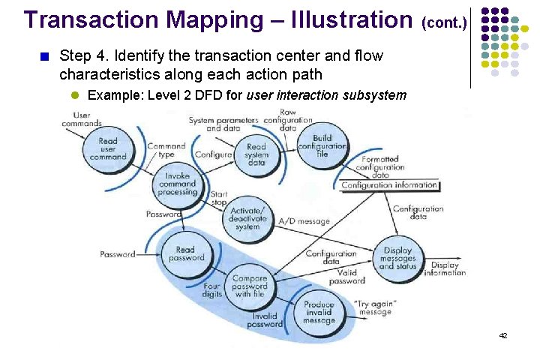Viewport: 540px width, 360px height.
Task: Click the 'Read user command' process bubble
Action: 107,148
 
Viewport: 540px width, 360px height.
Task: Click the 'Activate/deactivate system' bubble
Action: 247,217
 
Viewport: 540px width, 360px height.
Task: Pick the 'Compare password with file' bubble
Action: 250,287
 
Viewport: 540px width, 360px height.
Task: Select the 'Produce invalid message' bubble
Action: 319,311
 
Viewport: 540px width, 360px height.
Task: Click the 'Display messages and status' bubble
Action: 397,259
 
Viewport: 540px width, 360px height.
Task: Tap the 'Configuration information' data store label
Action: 389,185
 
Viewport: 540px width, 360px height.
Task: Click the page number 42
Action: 503,335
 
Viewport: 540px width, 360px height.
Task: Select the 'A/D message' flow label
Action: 304,221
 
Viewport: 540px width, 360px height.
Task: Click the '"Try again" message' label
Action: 374,307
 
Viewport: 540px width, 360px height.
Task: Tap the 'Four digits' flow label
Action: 211,290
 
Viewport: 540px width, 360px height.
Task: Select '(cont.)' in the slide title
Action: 446,22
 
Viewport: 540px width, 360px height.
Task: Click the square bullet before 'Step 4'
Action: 43,55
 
